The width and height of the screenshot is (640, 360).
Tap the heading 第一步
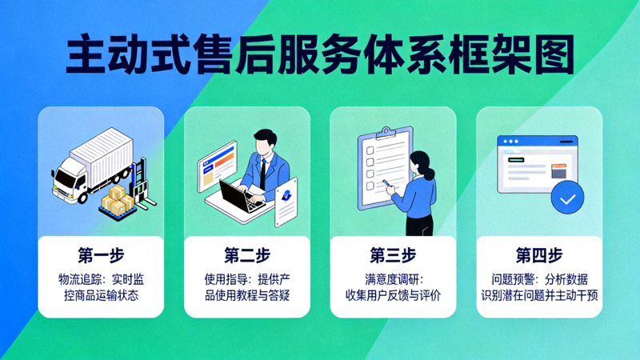tap(101, 256)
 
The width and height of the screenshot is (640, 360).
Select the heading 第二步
tap(247, 256)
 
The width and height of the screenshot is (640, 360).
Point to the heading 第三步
tap(393, 256)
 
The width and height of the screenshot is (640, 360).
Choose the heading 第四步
tap(539, 256)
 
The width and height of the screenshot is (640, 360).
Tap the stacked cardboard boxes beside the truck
tap(118, 200)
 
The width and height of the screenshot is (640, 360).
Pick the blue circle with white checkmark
tap(567, 198)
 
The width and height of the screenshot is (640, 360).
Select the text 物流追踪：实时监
tap(101, 279)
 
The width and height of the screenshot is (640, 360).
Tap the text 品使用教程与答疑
tap(247, 296)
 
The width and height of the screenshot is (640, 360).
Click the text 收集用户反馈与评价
tap(393, 296)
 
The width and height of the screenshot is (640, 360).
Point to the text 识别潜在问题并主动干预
tap(539, 296)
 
